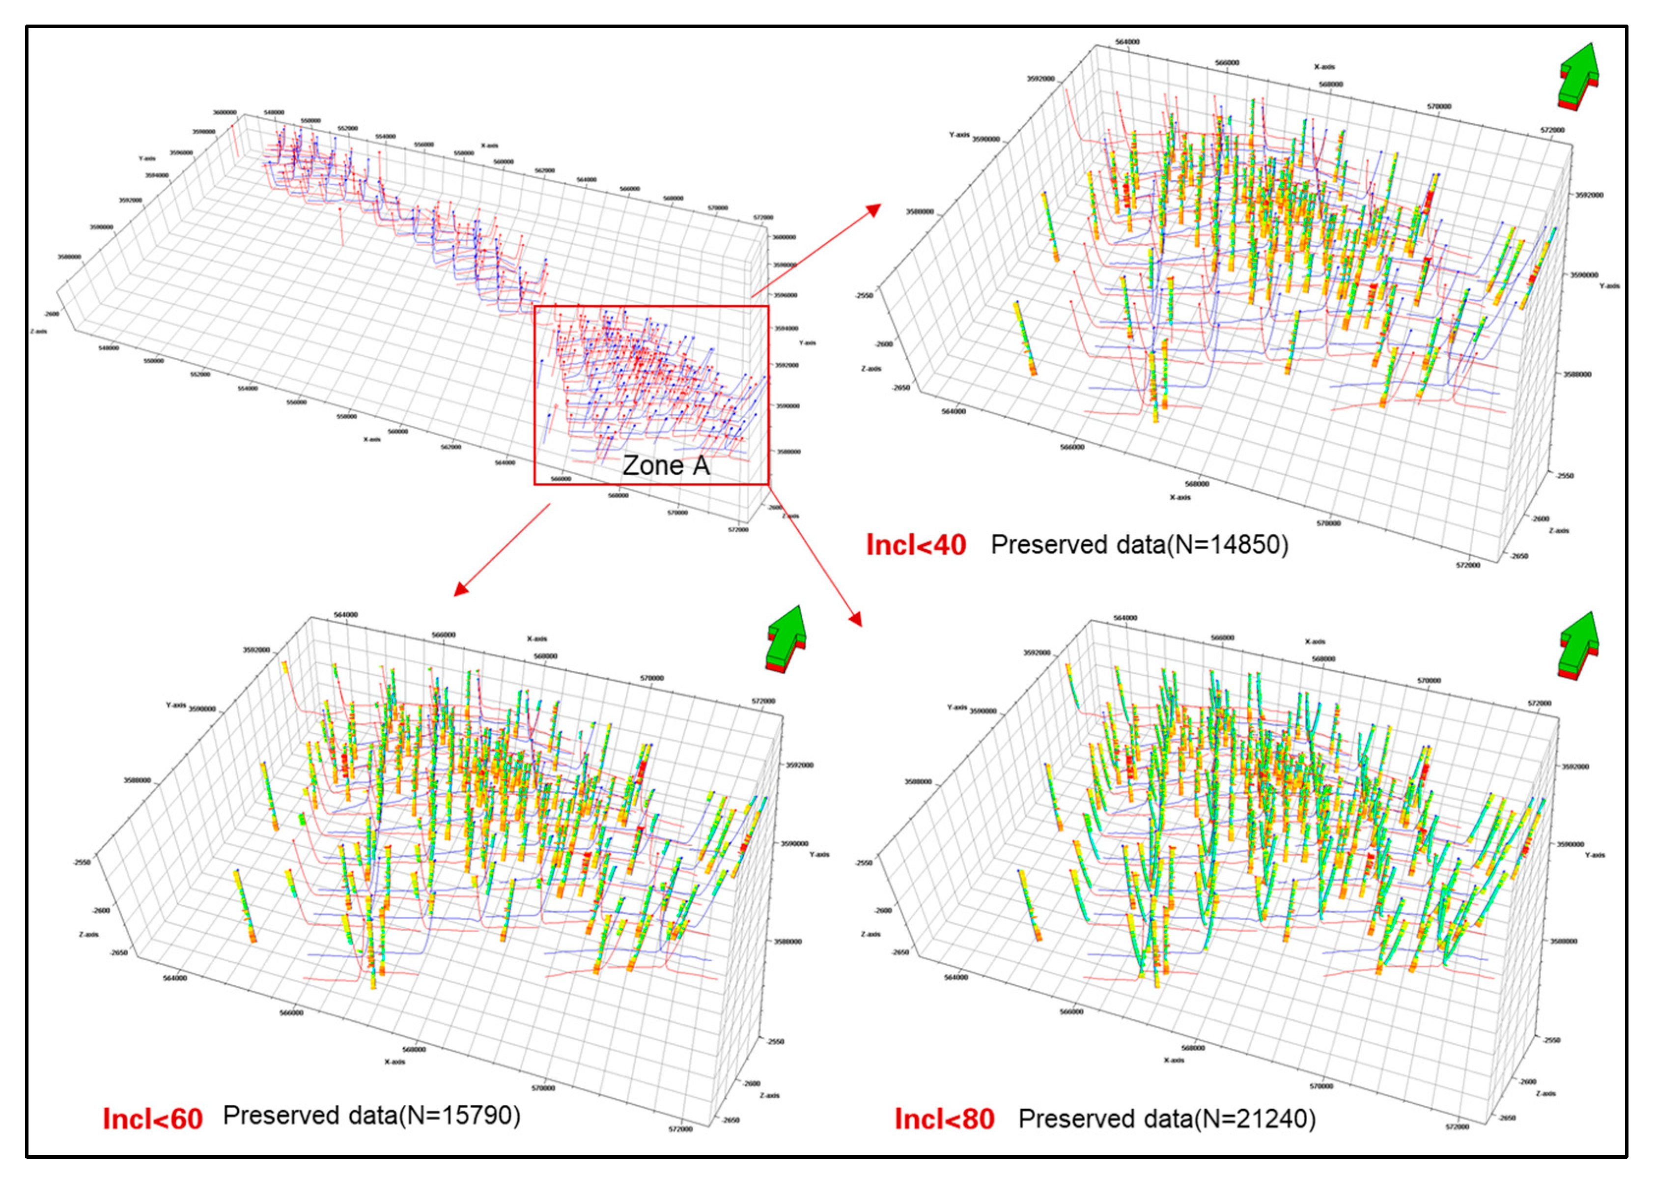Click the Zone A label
click(x=666, y=466)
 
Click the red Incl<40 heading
click(x=916, y=545)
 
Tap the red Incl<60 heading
click(x=153, y=1119)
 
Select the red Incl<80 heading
click(x=944, y=1119)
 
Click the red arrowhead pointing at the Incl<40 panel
click(x=873, y=210)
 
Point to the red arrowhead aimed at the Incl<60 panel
click(x=461, y=589)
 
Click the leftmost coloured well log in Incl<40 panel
click(x=1025, y=339)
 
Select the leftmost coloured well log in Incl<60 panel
click(x=244, y=906)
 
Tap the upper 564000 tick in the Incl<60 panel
click(x=345, y=615)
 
